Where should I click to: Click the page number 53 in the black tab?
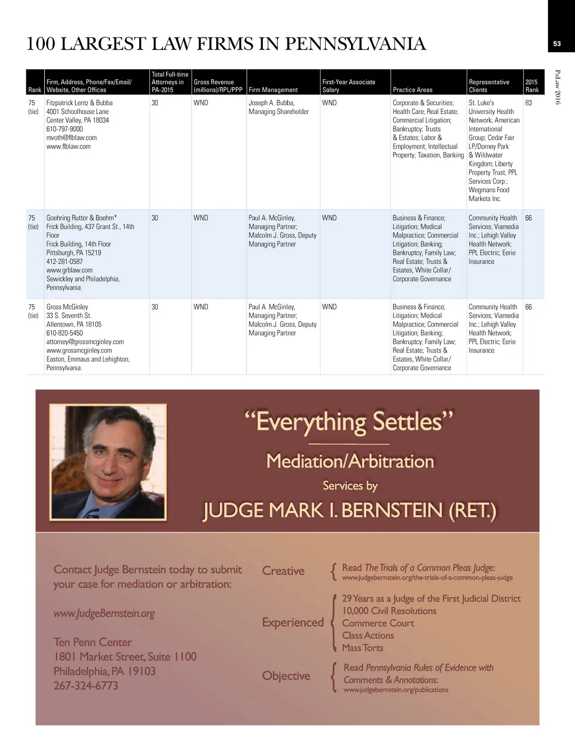[556, 44]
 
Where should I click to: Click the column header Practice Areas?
[412, 90]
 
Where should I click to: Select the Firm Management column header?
[273, 90]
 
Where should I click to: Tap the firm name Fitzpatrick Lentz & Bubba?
[79, 103]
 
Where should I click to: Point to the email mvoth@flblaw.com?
[71, 138]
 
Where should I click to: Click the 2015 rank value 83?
[528, 103]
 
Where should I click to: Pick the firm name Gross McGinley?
[67, 307]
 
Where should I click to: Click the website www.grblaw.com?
[69, 270]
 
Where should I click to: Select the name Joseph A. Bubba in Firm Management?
[271, 103]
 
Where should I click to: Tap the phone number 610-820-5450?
[65, 333]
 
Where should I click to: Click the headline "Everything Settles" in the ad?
[349, 422]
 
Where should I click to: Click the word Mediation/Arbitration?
[350, 462]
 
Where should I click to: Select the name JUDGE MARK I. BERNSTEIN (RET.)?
[349, 510]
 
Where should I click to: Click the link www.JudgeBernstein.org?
[104, 614]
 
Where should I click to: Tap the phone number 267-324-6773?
[86, 686]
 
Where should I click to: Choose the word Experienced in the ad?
[293, 623]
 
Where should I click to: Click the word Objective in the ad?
[286, 676]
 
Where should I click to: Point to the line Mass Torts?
[363, 648]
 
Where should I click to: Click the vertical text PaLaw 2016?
[558, 87]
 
